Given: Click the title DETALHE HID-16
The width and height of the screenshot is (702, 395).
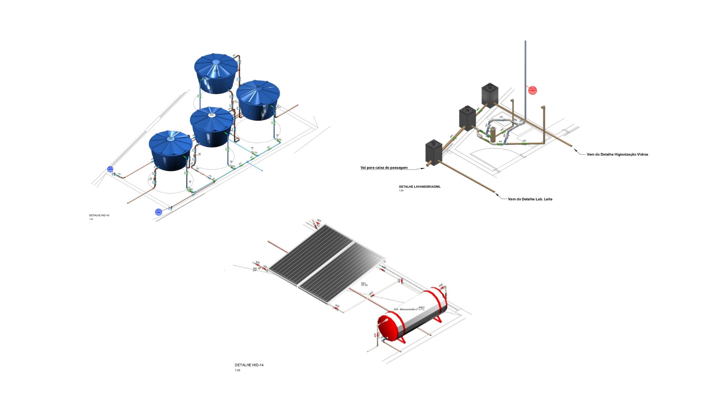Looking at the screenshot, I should click(x=99, y=215).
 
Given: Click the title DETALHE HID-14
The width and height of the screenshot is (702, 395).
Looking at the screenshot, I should click(x=249, y=365).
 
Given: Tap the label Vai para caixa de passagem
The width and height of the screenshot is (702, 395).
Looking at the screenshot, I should click(x=384, y=168).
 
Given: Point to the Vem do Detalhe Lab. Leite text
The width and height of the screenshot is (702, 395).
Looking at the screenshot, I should click(x=530, y=199).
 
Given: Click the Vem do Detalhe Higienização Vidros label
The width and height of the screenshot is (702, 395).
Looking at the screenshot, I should click(x=617, y=154).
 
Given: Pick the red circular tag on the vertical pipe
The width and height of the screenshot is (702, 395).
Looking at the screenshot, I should click(x=532, y=90).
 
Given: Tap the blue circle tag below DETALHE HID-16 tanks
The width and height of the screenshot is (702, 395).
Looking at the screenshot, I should click(x=158, y=212).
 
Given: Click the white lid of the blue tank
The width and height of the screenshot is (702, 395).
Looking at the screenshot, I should click(x=211, y=115).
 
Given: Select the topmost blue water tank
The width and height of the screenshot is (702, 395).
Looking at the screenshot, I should click(x=215, y=73).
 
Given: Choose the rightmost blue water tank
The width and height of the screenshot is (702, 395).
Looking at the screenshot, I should click(x=258, y=99).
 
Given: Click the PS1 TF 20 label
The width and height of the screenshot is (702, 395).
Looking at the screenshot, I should click(x=364, y=284).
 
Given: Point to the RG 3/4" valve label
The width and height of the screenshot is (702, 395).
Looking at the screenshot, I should click(x=255, y=269).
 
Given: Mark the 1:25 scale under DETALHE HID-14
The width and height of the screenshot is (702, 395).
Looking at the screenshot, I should click(x=238, y=370).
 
